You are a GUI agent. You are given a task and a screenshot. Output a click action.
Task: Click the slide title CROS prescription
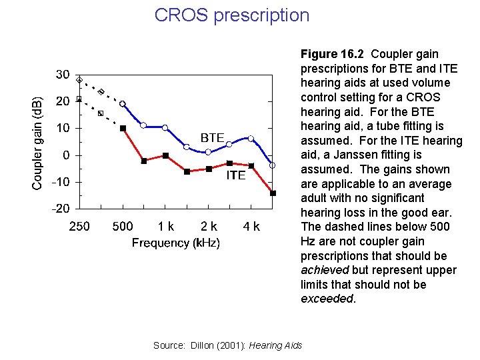(232, 15)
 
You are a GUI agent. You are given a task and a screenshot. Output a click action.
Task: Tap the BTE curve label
(212, 137)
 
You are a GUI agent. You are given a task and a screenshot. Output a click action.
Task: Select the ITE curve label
(235, 175)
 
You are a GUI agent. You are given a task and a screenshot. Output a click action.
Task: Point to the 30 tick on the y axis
(63, 75)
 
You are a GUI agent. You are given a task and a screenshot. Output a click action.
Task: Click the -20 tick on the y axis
(61, 208)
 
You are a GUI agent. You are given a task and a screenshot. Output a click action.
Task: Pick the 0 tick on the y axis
(66, 155)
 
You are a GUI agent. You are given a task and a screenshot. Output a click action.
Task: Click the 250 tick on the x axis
(79, 227)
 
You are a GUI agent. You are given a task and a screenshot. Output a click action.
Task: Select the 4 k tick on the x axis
(251, 227)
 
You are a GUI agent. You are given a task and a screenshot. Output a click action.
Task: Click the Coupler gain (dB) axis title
(39, 143)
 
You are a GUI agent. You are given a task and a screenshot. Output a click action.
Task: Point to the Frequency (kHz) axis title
(175, 243)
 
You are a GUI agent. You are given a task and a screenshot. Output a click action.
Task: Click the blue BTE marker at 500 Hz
(123, 104)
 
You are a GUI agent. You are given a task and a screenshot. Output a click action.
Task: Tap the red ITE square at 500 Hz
(123, 128)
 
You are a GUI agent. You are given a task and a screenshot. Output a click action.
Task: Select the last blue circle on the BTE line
(273, 165)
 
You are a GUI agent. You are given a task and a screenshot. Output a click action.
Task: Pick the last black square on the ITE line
(273, 193)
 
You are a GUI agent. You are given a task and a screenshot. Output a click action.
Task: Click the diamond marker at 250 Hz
(79, 81)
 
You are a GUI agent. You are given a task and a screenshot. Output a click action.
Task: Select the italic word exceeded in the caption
(327, 299)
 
